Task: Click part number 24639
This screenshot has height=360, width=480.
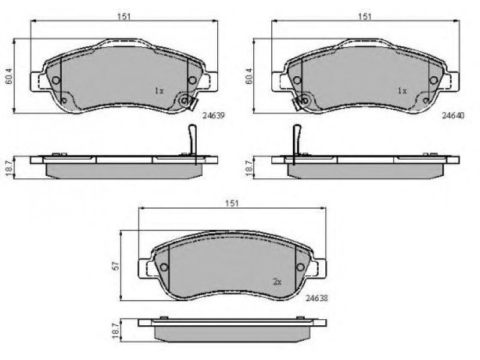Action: coord(214,116)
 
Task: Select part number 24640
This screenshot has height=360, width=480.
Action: coord(454,115)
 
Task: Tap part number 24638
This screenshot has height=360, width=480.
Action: coord(317,298)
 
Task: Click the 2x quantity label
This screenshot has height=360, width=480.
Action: coord(277,282)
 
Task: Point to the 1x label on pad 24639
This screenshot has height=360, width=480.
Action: coord(159,91)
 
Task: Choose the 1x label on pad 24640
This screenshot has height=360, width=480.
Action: coord(402,91)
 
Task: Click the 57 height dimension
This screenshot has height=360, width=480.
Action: coord(115,266)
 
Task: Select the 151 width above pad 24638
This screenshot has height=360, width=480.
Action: coord(232,203)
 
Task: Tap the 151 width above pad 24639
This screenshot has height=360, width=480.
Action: coord(124,17)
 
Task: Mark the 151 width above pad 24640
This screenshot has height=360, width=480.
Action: coord(365,17)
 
